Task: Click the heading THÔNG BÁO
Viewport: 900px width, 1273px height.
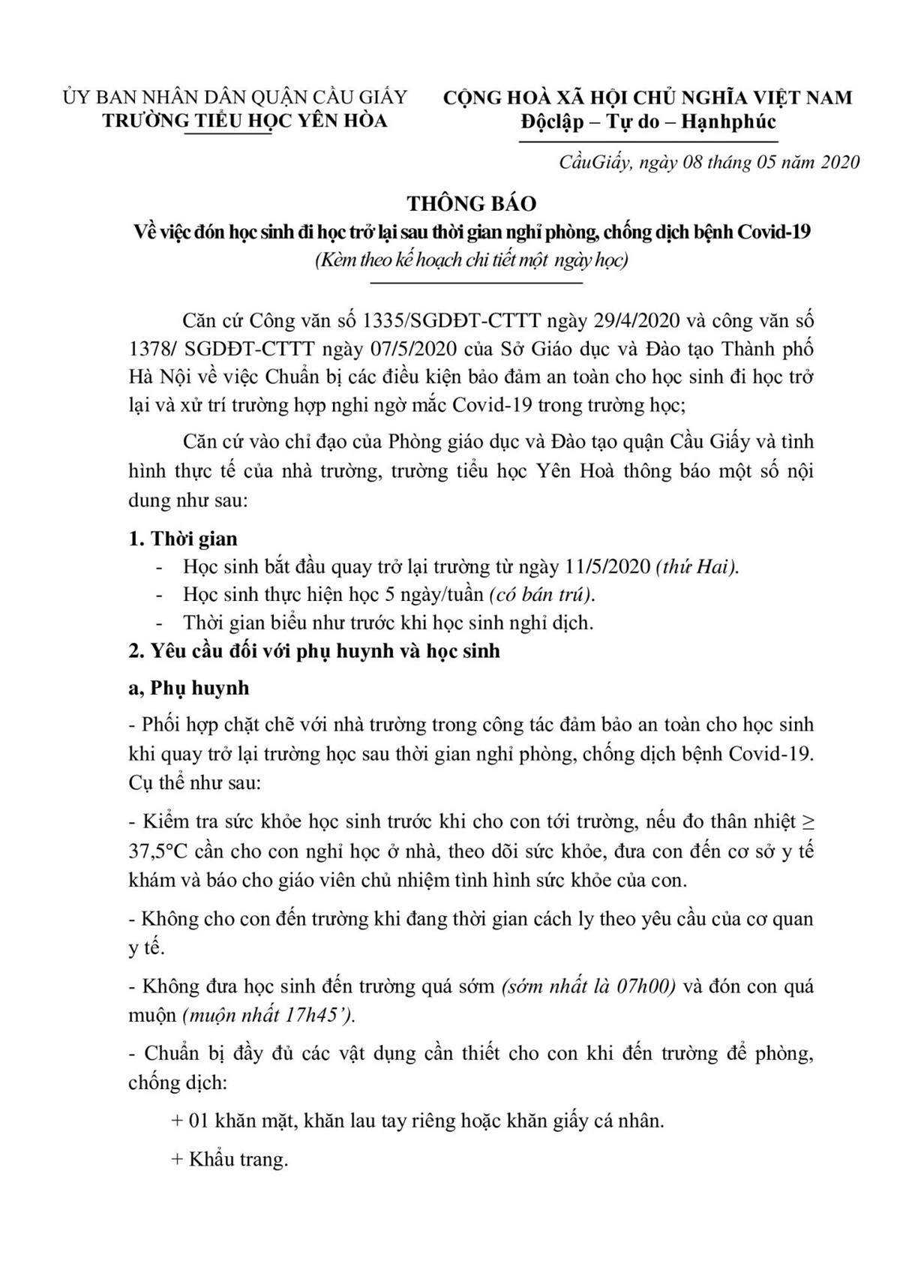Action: (x=472, y=203)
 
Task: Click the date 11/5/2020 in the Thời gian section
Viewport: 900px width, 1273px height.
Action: (x=607, y=566)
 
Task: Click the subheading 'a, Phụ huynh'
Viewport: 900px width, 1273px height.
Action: (x=189, y=688)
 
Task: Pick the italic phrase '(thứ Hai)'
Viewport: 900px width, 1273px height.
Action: (x=697, y=566)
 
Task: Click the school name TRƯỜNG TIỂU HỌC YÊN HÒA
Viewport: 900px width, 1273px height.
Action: (x=245, y=120)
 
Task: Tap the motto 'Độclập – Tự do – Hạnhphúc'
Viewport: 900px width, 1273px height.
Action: (x=648, y=122)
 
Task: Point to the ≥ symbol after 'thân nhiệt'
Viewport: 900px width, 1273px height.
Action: (x=807, y=823)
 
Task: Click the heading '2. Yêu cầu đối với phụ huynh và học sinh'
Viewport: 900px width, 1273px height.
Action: (x=314, y=650)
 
